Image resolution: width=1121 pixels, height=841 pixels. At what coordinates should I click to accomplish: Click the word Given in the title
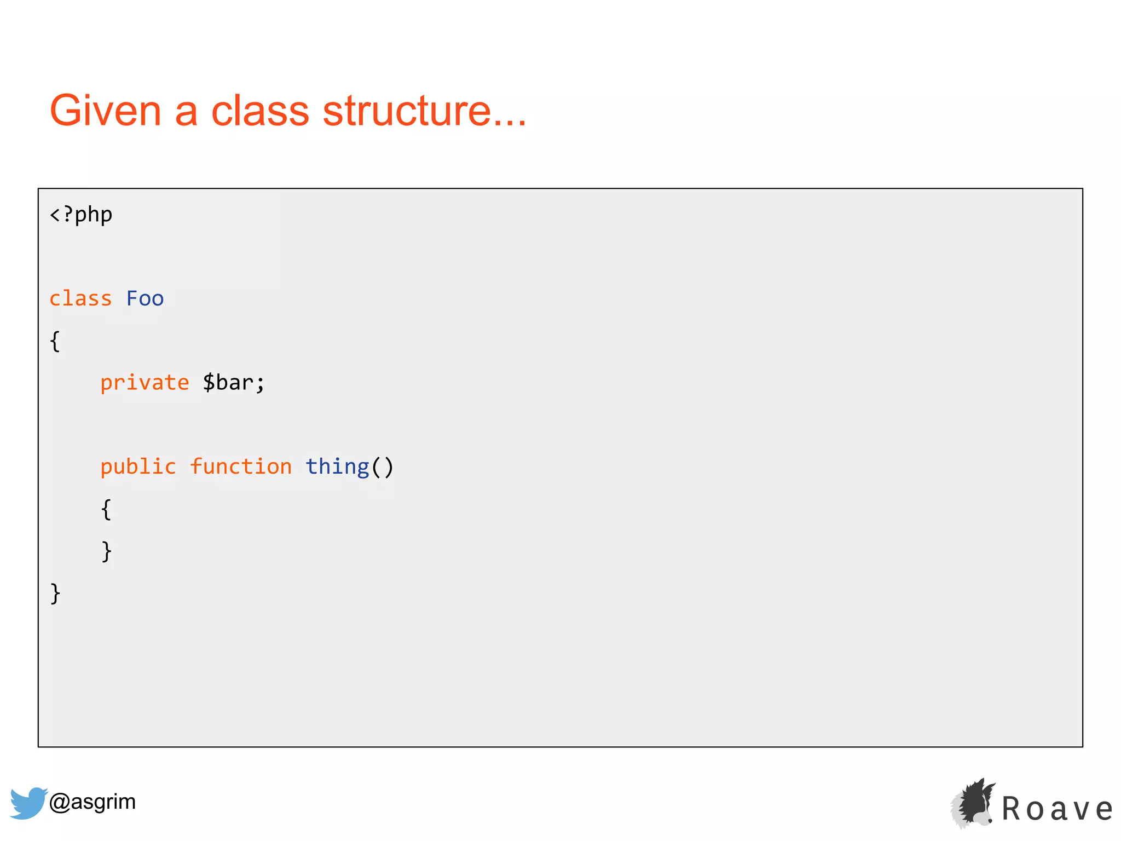pyautogui.click(x=105, y=111)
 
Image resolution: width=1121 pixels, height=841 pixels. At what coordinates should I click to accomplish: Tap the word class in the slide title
pyautogui.click(x=260, y=111)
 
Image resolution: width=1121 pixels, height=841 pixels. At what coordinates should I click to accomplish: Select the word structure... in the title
pyautogui.click(x=424, y=111)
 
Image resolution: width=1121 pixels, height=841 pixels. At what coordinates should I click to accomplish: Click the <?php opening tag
pyautogui.click(x=81, y=215)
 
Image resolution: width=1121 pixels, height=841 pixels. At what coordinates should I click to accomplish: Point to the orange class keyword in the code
pyautogui.click(x=80, y=299)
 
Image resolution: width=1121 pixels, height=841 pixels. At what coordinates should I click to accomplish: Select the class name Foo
pyautogui.click(x=145, y=299)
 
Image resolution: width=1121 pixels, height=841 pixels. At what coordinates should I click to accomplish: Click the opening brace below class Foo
pyautogui.click(x=55, y=342)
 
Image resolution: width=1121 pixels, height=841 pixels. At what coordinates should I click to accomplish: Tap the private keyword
pyautogui.click(x=145, y=383)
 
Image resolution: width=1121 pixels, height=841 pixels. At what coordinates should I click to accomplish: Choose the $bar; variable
pyautogui.click(x=234, y=383)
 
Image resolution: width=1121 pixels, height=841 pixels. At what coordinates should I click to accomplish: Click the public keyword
pyautogui.click(x=138, y=467)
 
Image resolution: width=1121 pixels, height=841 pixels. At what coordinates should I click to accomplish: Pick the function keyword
pyautogui.click(x=241, y=467)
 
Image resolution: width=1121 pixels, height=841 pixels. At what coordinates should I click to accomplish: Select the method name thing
pyautogui.click(x=337, y=467)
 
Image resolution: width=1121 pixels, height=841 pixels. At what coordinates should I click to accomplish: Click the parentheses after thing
pyautogui.click(x=383, y=467)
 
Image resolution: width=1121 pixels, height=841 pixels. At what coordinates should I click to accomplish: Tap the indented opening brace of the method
pyautogui.click(x=106, y=510)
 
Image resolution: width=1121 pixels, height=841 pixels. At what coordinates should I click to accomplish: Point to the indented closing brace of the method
pyautogui.click(x=106, y=551)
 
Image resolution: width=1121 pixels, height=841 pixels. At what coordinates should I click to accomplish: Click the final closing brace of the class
pyautogui.click(x=55, y=594)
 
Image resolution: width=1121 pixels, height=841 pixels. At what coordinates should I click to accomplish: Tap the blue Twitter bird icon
pyautogui.click(x=28, y=803)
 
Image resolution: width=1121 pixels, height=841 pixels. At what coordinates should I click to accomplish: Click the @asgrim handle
pyautogui.click(x=93, y=802)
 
